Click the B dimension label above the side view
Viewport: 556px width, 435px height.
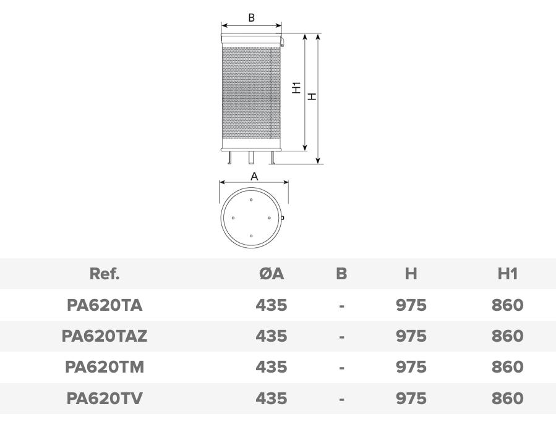pyautogui.click(x=251, y=18)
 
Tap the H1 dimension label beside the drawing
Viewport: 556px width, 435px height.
pyautogui.click(x=296, y=88)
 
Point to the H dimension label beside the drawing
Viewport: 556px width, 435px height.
pyautogui.click(x=312, y=96)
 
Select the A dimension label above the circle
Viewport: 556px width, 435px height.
pyautogui.click(x=254, y=176)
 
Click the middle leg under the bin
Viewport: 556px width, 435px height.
pyautogui.click(x=251, y=158)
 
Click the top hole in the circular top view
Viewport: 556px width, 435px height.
pyautogui.click(x=251, y=200)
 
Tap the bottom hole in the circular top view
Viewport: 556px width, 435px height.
pyautogui.click(x=251, y=236)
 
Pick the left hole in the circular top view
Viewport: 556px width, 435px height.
pyautogui.click(x=233, y=218)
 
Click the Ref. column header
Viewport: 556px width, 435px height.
pyautogui.click(x=105, y=274)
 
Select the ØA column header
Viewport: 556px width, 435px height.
pyautogui.click(x=272, y=274)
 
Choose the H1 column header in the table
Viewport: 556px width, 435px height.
pyautogui.click(x=507, y=274)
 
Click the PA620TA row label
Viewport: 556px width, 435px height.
pyautogui.click(x=105, y=305)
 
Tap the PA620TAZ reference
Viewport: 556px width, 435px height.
pyautogui.click(x=105, y=336)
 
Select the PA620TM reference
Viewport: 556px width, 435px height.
pyautogui.click(x=105, y=367)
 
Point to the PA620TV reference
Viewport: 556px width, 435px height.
pyautogui.click(x=105, y=399)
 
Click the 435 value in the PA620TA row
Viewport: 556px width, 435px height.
pyautogui.click(x=272, y=305)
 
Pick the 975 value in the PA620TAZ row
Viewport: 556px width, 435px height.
pyautogui.click(x=411, y=336)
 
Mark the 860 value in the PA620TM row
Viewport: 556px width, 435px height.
pyautogui.click(x=507, y=367)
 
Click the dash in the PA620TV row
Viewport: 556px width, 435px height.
pyautogui.click(x=341, y=399)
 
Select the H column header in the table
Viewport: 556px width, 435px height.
pyautogui.click(x=411, y=274)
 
